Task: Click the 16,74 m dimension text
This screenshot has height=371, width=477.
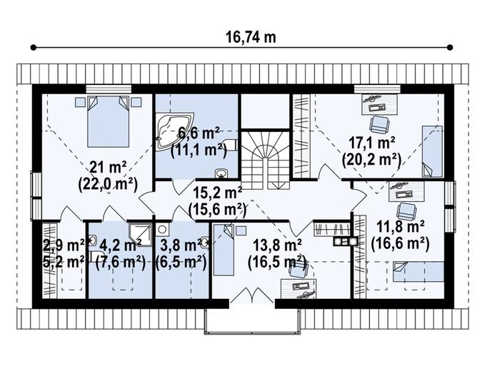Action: coord(251,37)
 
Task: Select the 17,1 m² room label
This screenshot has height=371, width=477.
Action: coord(372,143)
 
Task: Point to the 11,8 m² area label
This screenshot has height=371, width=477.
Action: coord(401,226)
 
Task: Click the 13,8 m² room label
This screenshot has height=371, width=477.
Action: coord(277,245)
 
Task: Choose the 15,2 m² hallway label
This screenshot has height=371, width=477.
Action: coord(218,193)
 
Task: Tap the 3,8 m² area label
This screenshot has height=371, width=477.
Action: coord(181,245)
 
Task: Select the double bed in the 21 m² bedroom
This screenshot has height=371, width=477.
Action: coord(109,121)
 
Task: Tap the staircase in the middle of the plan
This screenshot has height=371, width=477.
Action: coord(265,160)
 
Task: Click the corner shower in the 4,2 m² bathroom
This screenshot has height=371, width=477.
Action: coord(140,235)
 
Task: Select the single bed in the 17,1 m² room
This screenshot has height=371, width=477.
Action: coord(432,151)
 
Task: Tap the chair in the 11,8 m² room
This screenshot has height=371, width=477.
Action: coord(407,211)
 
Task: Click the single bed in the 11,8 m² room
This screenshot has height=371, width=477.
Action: coord(418,272)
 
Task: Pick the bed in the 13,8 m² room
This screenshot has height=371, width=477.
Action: coord(224,250)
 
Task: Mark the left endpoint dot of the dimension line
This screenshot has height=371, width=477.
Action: coord(34,47)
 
